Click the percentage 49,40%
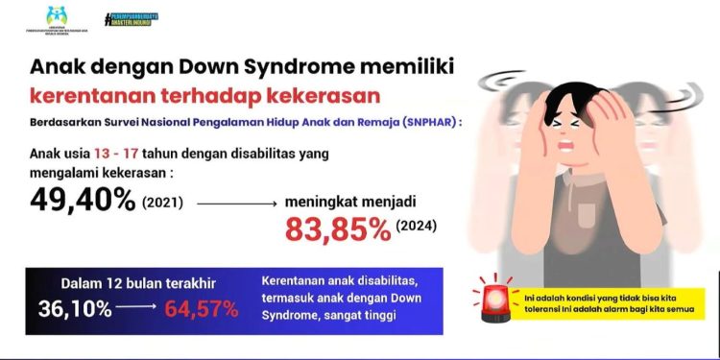tap(83, 201)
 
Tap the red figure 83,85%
tap(338, 228)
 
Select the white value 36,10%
tap(75, 309)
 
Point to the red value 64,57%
tap(202, 309)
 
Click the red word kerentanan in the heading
tap(91, 97)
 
